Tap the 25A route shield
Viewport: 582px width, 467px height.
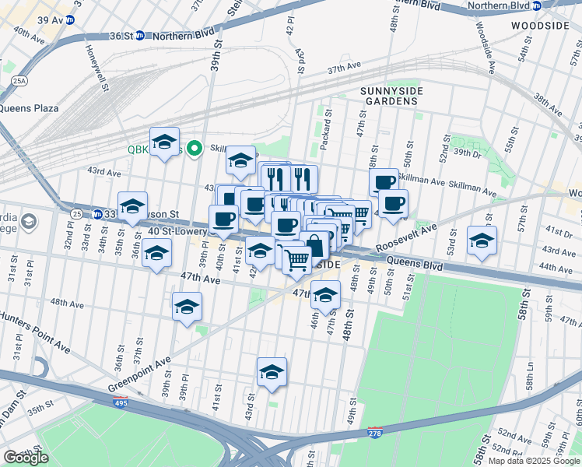click(x=19, y=80)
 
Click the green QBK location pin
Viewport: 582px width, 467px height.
click(x=194, y=147)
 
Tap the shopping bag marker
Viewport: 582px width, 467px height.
click(x=315, y=245)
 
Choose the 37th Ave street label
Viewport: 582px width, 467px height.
click(x=346, y=69)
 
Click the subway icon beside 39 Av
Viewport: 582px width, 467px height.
click(x=69, y=19)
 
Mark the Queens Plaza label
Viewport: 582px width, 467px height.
click(x=30, y=108)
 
